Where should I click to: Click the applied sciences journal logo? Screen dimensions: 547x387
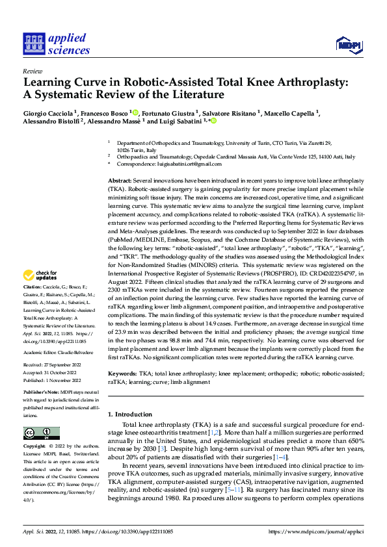coord(57,43)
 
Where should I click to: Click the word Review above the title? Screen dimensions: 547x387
coord(32,71)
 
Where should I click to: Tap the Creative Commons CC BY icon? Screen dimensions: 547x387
coord(41,433)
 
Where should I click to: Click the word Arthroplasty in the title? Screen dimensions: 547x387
coord(276,83)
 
